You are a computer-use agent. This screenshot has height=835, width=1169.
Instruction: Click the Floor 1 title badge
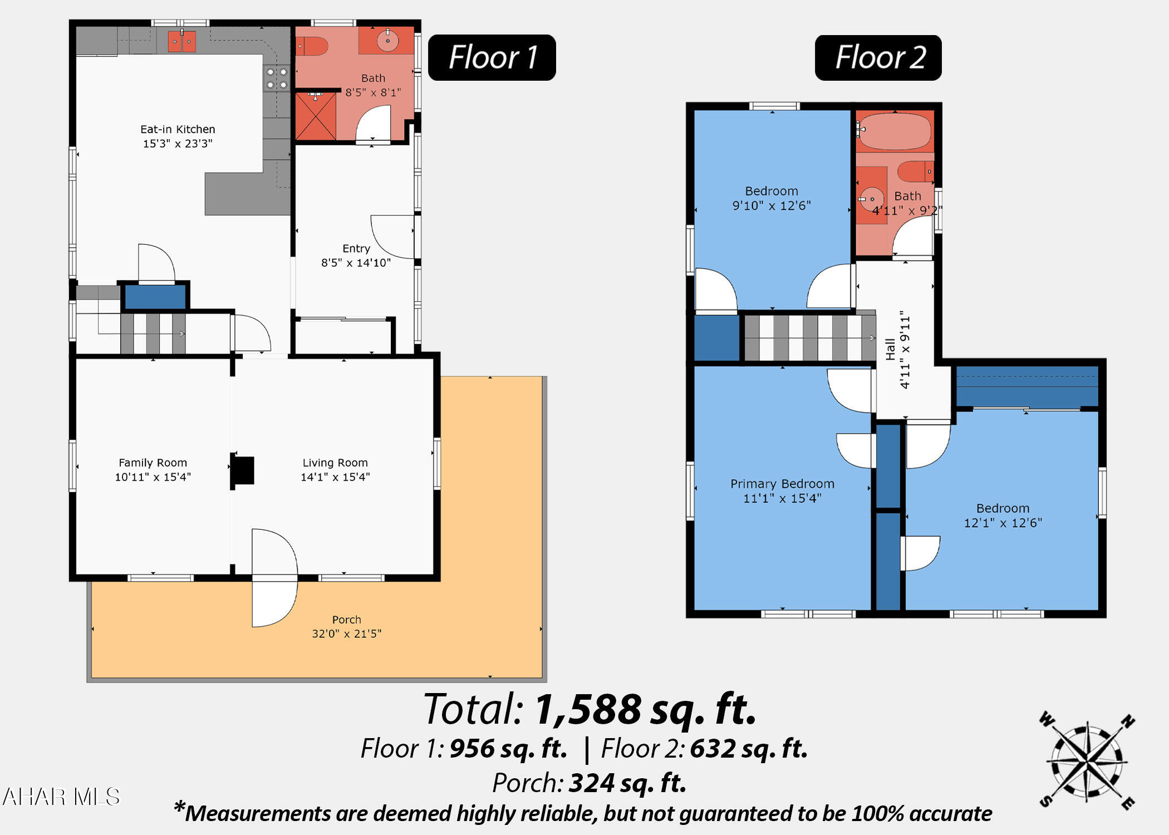(x=492, y=57)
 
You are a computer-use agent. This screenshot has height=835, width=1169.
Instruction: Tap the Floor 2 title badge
(x=878, y=58)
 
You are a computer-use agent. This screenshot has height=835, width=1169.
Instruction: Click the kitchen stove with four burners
(x=277, y=78)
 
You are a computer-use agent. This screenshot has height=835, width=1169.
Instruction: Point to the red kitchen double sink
(x=182, y=41)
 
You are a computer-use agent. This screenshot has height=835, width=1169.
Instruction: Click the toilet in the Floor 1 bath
(x=312, y=46)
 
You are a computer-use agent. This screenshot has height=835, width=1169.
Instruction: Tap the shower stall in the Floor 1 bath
(x=316, y=116)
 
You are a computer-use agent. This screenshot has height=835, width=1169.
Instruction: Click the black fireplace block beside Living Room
(x=243, y=470)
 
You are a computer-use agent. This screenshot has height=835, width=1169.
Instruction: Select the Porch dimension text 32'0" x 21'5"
(x=346, y=633)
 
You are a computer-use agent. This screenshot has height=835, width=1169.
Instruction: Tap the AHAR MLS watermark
(x=61, y=797)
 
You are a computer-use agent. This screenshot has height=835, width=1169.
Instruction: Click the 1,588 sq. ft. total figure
(x=646, y=709)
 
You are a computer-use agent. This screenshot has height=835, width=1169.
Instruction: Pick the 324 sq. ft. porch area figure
(x=627, y=783)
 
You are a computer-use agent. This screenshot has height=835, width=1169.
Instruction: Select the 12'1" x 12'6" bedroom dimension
(x=1003, y=523)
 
